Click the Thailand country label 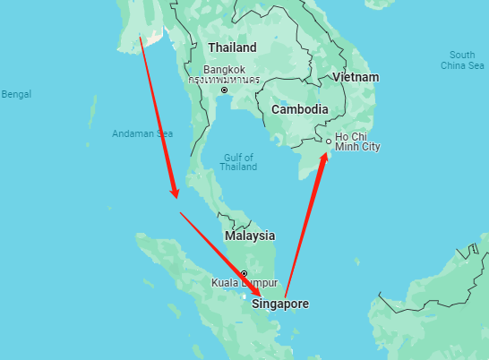pyautogui.click(x=231, y=47)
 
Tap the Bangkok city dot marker pyautogui.click(x=224, y=90)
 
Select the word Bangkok pyautogui.click(x=224, y=69)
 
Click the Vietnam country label pyautogui.click(x=356, y=77)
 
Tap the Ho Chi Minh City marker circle pyautogui.click(x=329, y=141)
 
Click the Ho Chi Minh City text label pyautogui.click(x=357, y=141)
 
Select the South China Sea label pyautogui.click(x=462, y=60)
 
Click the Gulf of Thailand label pyautogui.click(x=237, y=162)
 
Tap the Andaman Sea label pyautogui.click(x=142, y=133)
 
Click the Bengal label pyautogui.click(x=16, y=94)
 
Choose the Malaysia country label pyautogui.click(x=250, y=236)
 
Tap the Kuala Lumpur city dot pyautogui.click(x=243, y=273)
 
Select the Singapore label pyautogui.click(x=279, y=304)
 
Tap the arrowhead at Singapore pyautogui.click(x=258, y=292)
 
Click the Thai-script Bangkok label pyautogui.click(x=224, y=80)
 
